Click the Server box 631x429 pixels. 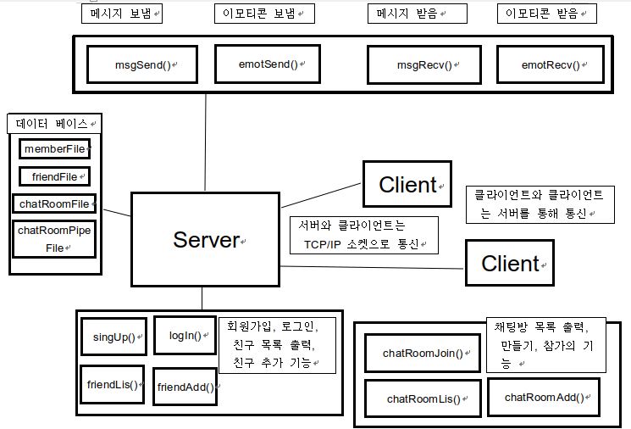coord(206,240)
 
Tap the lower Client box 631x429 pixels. coord(510,262)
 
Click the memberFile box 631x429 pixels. coord(55,149)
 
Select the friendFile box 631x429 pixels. coord(53,176)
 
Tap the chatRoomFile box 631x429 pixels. coord(54,203)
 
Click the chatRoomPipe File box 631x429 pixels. coord(54,238)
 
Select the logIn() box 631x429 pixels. coord(185,336)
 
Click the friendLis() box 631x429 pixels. coord(113,383)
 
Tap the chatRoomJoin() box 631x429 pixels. coord(423,353)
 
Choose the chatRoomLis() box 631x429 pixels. coord(423,398)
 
